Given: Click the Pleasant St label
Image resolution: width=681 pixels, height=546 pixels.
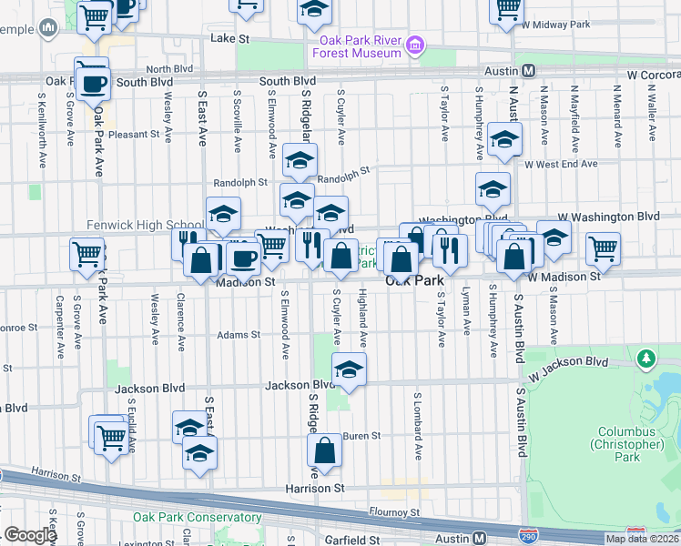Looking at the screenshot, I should pos(134,134).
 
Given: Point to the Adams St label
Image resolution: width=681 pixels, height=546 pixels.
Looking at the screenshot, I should pos(239,335).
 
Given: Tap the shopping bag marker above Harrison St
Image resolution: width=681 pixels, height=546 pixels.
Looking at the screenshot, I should pos(325,450).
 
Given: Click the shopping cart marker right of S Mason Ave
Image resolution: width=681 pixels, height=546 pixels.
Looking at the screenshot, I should pos(602,248).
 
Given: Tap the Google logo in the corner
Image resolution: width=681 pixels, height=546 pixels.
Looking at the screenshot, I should pos(31,535).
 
